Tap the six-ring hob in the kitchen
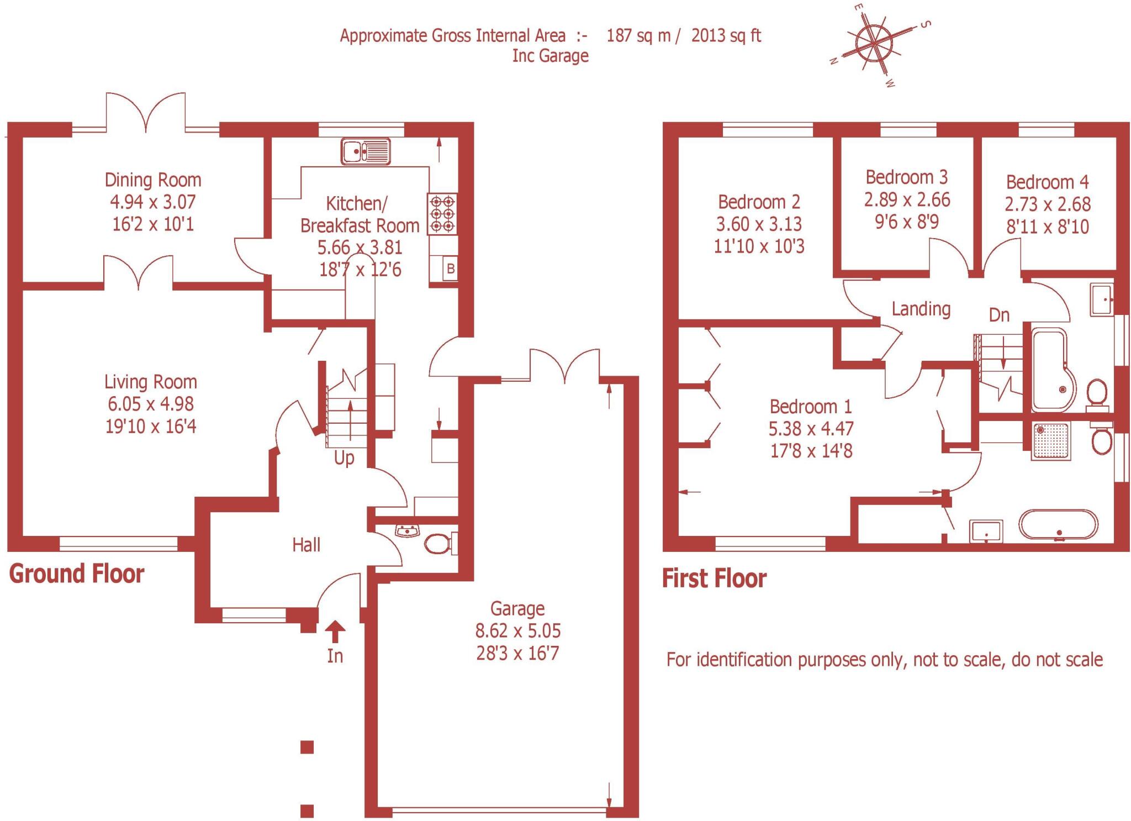pyautogui.click(x=442, y=214)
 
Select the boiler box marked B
pyautogui.click(x=450, y=270)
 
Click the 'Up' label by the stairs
pyautogui.click(x=344, y=458)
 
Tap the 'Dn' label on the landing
pyautogui.click(x=999, y=315)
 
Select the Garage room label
pyautogui.click(x=517, y=608)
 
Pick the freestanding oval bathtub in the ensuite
pyautogui.click(x=1058, y=524)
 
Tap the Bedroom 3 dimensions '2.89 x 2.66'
pyautogui.click(x=907, y=199)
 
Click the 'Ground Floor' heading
pyautogui.click(x=77, y=574)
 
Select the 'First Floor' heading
pyautogui.click(x=714, y=578)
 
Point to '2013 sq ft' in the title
pyautogui.click(x=726, y=36)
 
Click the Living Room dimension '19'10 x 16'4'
pyautogui.click(x=151, y=427)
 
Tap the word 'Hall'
pyautogui.click(x=306, y=545)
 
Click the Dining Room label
pyautogui.click(x=153, y=180)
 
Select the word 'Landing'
pyautogui.click(x=921, y=309)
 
